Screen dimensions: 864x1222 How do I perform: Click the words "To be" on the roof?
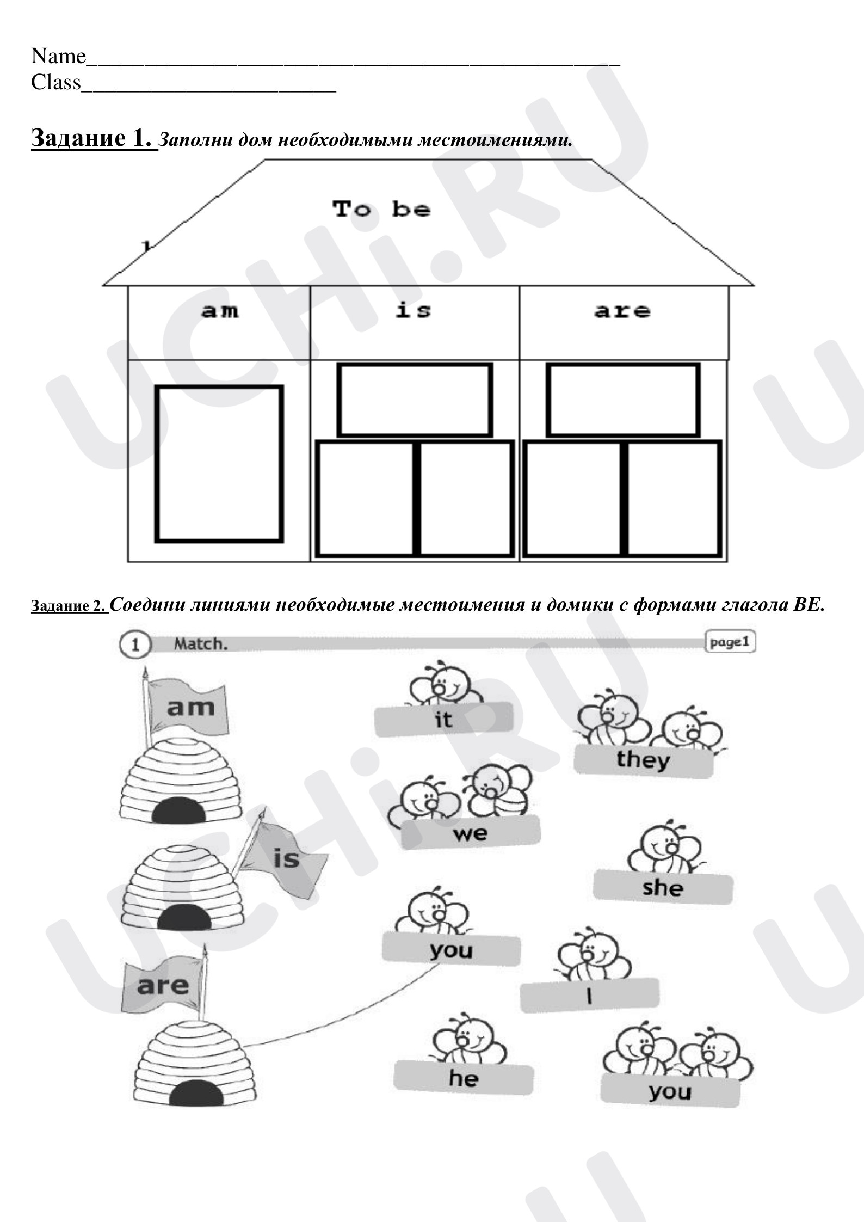(381, 209)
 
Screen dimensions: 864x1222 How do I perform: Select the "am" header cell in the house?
(219, 322)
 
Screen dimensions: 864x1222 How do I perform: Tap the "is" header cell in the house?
(415, 322)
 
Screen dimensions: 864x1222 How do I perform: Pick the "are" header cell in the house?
(624, 322)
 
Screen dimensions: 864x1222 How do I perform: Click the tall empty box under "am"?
(219, 464)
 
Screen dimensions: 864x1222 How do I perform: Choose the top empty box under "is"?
(415, 400)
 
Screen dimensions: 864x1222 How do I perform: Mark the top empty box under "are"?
(623, 400)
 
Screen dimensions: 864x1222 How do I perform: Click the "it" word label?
(443, 719)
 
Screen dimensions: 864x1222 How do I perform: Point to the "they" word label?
(643, 760)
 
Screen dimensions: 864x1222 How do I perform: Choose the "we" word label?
(471, 833)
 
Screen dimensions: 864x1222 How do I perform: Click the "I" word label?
(589, 996)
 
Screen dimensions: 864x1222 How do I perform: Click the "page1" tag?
(730, 642)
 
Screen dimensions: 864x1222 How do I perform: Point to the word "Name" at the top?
(58, 56)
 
